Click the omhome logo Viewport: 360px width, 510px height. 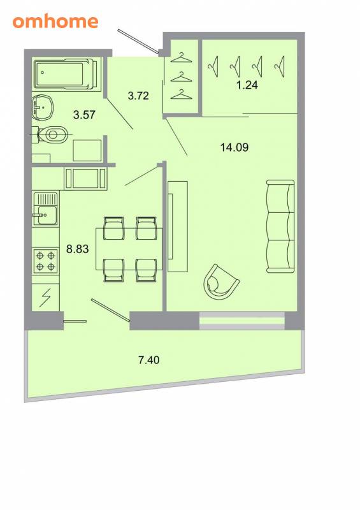(x=55, y=22)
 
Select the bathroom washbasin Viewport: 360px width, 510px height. (x=43, y=107)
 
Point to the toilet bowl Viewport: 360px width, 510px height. (x=52, y=135)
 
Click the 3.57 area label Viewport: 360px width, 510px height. (x=84, y=115)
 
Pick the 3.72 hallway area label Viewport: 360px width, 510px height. (x=138, y=96)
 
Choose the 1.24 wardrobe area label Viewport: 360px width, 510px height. (x=247, y=85)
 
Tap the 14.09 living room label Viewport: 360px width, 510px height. (x=234, y=147)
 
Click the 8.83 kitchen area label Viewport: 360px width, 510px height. (x=77, y=249)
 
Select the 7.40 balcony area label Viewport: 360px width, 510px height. (x=149, y=360)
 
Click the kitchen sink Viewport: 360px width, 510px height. (x=45, y=209)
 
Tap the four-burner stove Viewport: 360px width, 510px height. (x=45, y=261)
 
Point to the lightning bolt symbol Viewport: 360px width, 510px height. (x=45, y=297)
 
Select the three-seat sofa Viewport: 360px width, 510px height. (x=280, y=226)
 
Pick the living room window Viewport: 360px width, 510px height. (x=242, y=321)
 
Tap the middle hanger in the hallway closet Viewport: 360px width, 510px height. (x=181, y=76)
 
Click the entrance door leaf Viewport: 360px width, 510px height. (x=138, y=41)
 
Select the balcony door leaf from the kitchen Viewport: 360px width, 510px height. (x=111, y=310)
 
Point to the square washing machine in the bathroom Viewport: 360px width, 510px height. (x=87, y=150)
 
